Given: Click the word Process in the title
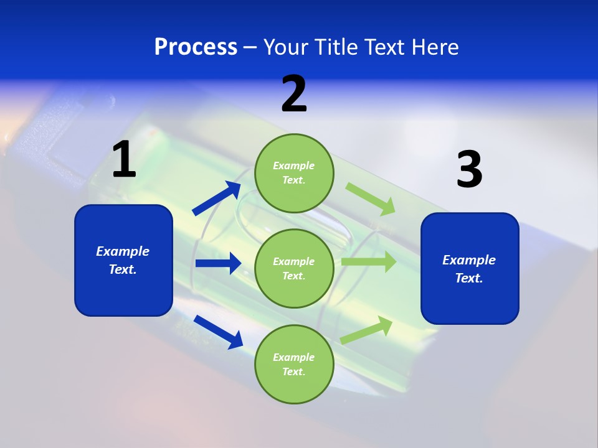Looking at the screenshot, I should click(x=196, y=47).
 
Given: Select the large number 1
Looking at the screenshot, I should click(x=124, y=159).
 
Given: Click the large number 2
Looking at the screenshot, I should click(x=294, y=94).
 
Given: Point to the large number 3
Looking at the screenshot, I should click(x=469, y=170).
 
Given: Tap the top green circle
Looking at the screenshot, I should click(x=294, y=172).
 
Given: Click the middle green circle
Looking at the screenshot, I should click(x=294, y=268).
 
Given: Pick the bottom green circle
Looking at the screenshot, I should click(x=294, y=364).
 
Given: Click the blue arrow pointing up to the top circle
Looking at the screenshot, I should click(x=217, y=198).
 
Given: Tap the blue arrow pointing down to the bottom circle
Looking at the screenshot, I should click(x=218, y=331).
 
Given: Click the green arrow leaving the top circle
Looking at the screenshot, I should click(x=371, y=198).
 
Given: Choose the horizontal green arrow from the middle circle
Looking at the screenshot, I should click(x=368, y=262).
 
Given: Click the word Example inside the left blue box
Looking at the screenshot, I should click(x=123, y=251).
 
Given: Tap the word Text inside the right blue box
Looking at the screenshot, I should click(x=468, y=278).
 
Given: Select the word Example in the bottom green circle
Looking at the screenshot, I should click(x=293, y=357).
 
